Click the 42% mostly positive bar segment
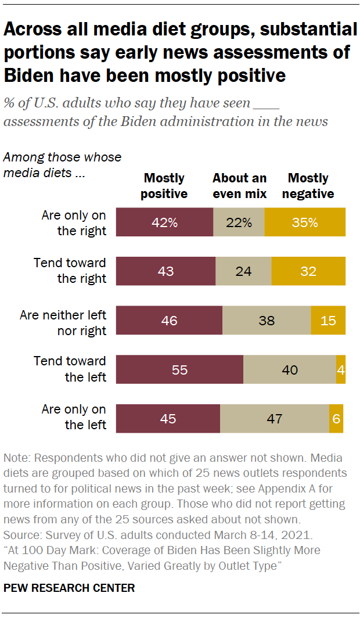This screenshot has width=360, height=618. point(165,222)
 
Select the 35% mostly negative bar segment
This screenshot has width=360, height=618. point(305,222)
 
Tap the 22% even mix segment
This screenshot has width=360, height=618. point(239,222)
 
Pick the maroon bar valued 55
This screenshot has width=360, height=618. point(180,369)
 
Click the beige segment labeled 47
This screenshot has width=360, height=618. point(275,418)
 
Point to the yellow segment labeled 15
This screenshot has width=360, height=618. point(328,320)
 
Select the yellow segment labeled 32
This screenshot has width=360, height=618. point(308,271)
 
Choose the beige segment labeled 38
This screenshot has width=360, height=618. point(267,320)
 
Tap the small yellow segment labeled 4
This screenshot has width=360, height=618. point(341,369)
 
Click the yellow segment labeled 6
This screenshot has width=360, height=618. point(336,418)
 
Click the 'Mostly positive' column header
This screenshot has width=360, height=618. point(164,186)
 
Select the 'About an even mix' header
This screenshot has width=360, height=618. point(239,186)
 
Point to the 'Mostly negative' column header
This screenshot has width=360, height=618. point(308,186)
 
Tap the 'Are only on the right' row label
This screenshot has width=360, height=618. point(74,223)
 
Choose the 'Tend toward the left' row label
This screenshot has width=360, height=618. point(70,369)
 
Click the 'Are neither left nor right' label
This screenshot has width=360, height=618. point(63,323)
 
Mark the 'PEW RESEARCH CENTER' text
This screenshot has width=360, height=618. point(69,588)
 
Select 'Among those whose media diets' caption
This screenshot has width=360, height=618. point(62,166)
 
